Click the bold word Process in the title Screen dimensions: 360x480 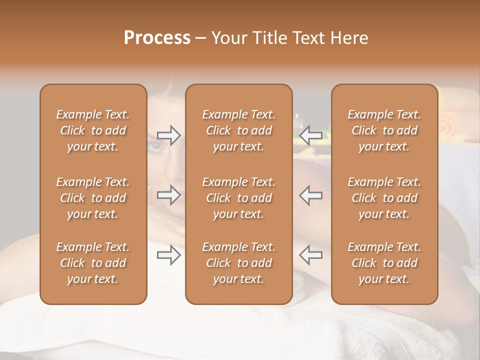(x=157, y=38)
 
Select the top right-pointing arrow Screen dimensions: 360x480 (x=168, y=135)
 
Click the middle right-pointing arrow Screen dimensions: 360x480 (x=168, y=195)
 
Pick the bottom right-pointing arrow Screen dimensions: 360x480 (x=168, y=255)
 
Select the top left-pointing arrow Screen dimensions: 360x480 (x=311, y=135)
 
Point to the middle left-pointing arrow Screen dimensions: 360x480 (x=311, y=195)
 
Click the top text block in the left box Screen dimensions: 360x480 (x=93, y=130)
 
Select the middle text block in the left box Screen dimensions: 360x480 (x=93, y=198)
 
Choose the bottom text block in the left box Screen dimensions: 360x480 (x=93, y=263)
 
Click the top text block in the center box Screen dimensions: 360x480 (x=239, y=130)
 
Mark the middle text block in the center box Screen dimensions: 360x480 (x=239, y=198)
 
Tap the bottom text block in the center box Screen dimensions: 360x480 (x=239, y=263)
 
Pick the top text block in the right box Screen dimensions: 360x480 (x=384, y=130)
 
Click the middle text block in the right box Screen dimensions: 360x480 (x=384, y=198)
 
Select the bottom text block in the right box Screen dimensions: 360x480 (x=384, y=263)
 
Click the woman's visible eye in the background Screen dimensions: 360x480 (x=156, y=146)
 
